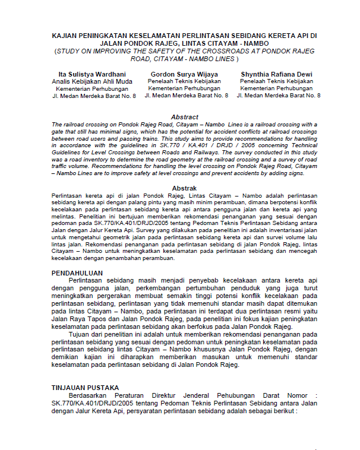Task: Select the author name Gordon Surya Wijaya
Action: point(184,74)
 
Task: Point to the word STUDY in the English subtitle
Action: point(72,52)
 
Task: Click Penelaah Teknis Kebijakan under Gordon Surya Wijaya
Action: point(184,81)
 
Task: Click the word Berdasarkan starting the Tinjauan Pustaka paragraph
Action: point(90,395)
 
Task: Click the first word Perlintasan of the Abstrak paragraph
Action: point(67,195)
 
